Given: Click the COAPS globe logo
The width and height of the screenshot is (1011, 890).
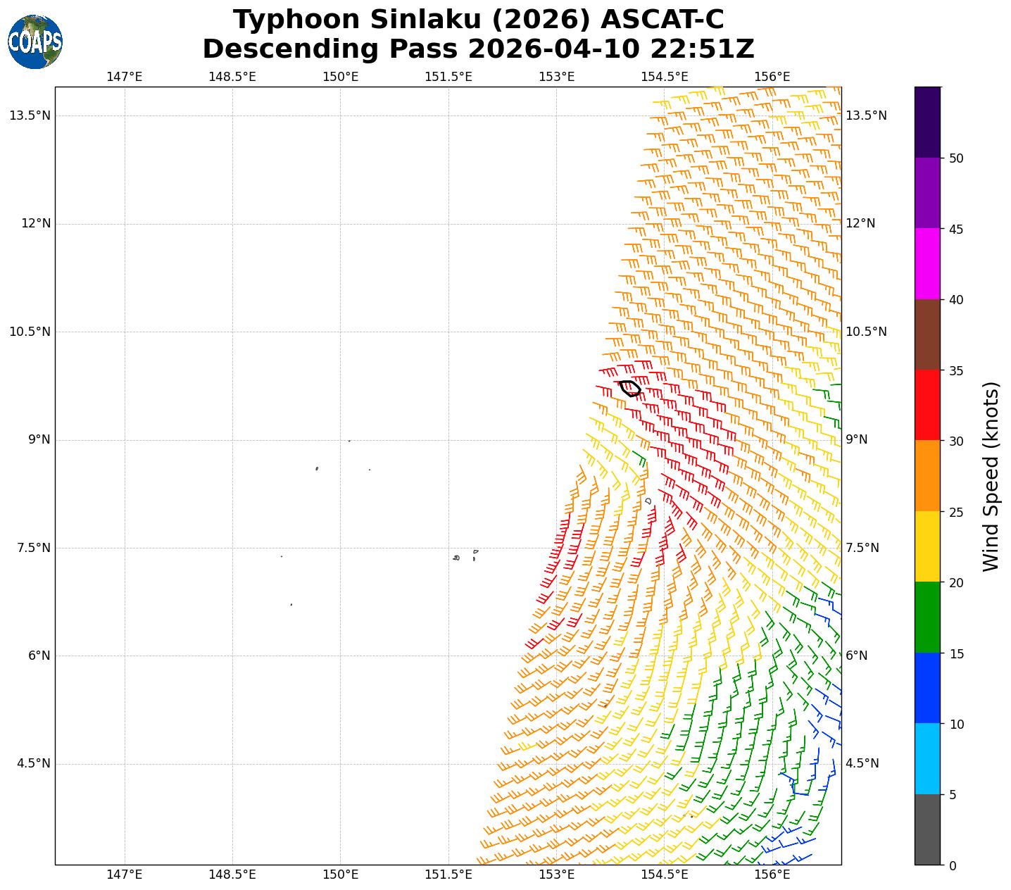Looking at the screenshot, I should coord(35,42).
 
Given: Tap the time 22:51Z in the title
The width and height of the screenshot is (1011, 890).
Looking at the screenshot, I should coord(702,49).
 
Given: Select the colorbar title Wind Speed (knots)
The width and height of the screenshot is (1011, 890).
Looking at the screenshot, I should coord(991,477).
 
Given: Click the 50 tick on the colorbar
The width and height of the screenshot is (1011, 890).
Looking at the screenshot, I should coord(955,158).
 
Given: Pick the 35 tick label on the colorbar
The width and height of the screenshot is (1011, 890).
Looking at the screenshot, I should coord(955,371).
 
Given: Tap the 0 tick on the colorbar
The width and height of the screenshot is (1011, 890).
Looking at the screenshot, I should coord(953,865).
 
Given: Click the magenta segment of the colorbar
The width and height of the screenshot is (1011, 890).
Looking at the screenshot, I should coord(927,264).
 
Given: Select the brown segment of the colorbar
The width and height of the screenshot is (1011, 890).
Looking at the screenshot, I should coord(927,334).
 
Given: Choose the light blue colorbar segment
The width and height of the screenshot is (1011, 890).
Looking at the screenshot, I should coord(927,758).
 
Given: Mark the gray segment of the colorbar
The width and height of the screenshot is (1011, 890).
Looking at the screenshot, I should coord(927,829).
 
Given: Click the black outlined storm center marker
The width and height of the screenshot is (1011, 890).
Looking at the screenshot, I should coord(629,388).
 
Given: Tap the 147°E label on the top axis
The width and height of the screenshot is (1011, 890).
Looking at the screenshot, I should coord(125,77).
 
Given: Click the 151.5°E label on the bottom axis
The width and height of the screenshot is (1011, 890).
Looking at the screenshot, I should coord(448,875).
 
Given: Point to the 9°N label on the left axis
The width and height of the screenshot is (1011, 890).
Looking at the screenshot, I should coord(39,439).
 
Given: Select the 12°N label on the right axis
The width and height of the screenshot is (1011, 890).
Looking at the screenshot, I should coord(860,223).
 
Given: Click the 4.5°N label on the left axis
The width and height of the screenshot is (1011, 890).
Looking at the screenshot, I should coord(34,763).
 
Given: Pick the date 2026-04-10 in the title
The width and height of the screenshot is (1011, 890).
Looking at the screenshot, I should coord(554,49).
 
